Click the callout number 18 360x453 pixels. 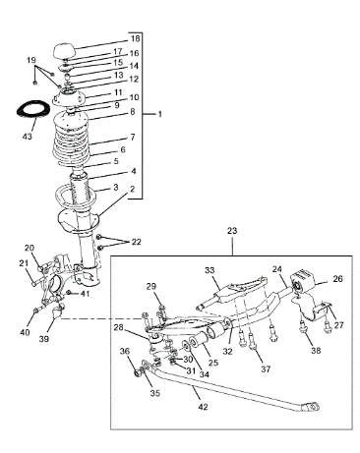135,38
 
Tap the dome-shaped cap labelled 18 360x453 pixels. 64,51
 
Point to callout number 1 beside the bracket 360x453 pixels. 159,114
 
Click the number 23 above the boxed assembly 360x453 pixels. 232,231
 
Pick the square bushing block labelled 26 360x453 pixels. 302,282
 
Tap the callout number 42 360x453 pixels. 204,407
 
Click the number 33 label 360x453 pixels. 210,270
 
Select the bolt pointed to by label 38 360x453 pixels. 302,328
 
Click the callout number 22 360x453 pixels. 136,242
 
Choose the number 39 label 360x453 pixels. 44,339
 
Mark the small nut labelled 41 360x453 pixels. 68,292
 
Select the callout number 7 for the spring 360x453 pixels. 133,138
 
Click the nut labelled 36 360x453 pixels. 138,373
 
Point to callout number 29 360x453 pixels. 151,286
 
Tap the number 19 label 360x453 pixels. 31,60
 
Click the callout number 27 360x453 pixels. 338,325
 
